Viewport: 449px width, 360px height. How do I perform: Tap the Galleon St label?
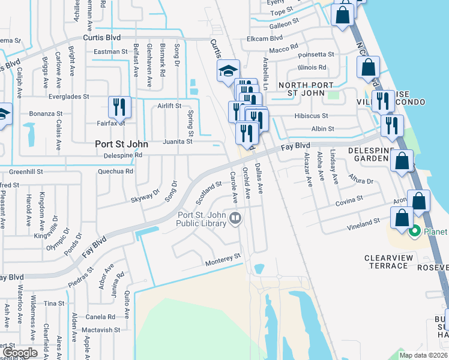point(284,23)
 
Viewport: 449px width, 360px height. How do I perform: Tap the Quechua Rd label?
point(116,171)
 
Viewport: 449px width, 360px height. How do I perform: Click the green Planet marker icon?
point(414,231)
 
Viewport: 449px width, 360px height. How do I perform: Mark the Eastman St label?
point(111,52)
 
